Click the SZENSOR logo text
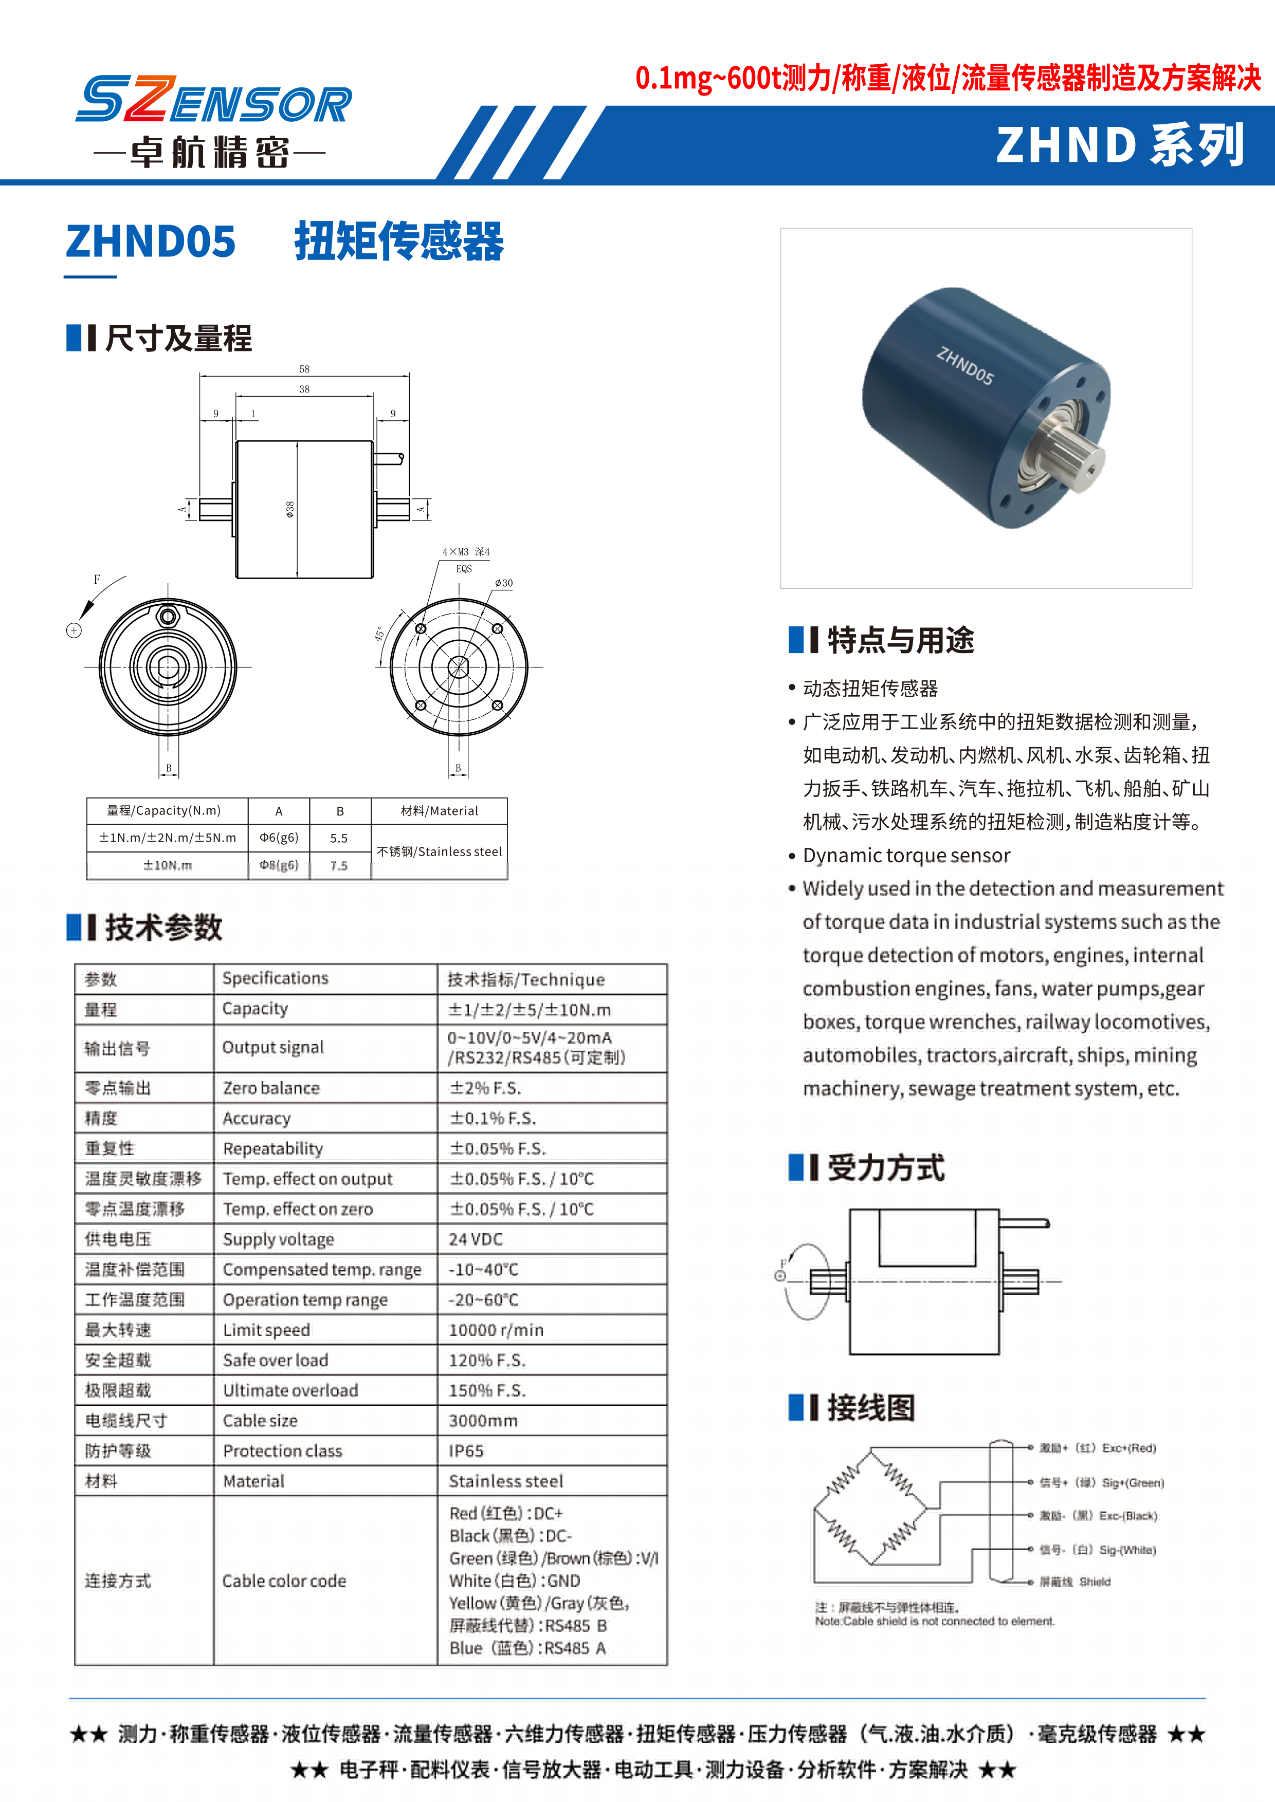pos(213,101)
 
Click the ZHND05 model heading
pos(151,241)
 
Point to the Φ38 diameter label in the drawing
pos(289,509)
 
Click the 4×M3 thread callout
pos(466,552)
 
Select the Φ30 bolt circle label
pos(503,583)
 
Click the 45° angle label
pos(380,634)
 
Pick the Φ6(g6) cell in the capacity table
pos(279,838)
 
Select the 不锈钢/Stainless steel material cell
pos(439,851)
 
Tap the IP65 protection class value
pos(466,1451)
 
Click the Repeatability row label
pos(272,1149)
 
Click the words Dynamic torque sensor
pos(906,856)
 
